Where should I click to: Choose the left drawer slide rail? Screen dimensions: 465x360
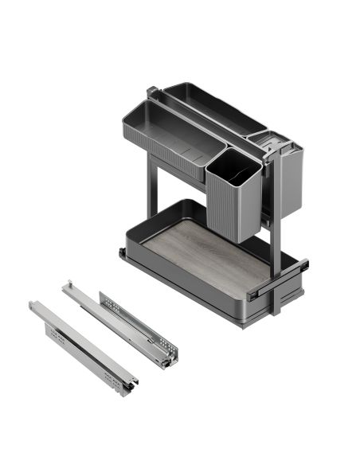(80, 342)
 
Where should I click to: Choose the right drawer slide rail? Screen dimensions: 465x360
(119, 322)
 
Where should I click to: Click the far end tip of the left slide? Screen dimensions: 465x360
(33, 304)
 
